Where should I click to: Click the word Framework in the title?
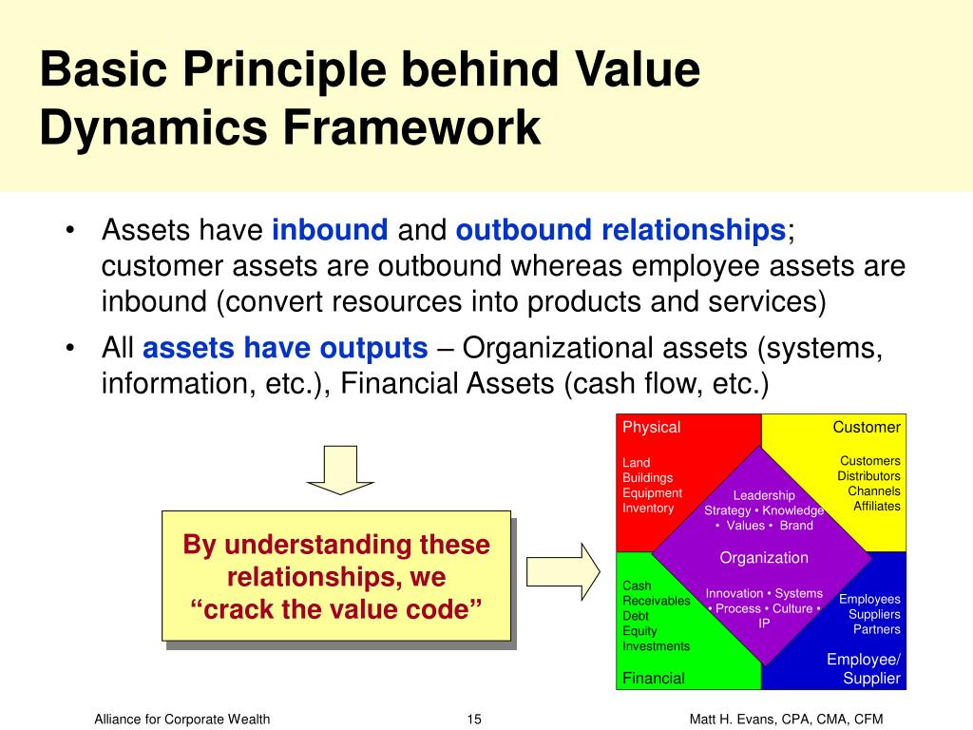coord(411,128)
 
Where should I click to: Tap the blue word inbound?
coord(330,230)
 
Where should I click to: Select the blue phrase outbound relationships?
coord(621,230)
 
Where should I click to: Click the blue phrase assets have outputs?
coord(285,348)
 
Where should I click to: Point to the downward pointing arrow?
coord(341,470)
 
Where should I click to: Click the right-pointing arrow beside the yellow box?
coord(563,571)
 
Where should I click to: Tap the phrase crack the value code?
coord(336,609)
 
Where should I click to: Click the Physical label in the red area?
coord(652,428)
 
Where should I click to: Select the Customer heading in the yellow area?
coord(867,427)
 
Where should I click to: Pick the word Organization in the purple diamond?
coord(764,558)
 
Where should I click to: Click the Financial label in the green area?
coord(654,678)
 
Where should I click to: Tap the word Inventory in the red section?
coord(648,508)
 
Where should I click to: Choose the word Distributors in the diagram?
coord(868,476)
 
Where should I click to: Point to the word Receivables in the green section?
coord(657,601)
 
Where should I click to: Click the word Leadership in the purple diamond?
coord(764,495)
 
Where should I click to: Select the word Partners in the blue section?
coord(876,629)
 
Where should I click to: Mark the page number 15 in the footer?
coord(474,719)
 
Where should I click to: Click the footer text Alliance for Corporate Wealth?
coord(181,719)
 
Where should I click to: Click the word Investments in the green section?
coord(656,646)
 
